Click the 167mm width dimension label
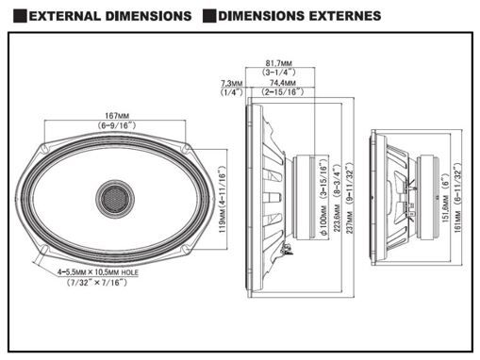117,116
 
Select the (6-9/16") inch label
117,125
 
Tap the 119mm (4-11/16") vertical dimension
223,200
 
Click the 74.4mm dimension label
283,83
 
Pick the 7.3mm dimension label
232,84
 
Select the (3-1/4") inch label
279,73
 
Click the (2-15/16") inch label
282,92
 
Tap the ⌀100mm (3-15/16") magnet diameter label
323,197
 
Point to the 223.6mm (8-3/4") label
337,198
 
